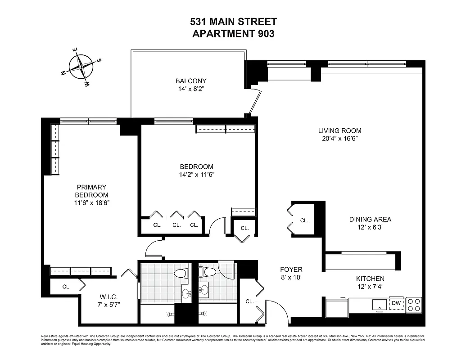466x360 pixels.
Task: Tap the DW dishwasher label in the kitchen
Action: (396, 303)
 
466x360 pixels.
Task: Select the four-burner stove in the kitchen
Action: (414, 305)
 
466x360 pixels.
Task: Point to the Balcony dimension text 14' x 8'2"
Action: (191, 90)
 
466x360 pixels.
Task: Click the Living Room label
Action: (339, 131)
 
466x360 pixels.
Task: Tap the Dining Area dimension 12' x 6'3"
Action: (370, 228)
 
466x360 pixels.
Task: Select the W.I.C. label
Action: (109, 297)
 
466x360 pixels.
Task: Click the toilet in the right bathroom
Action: (208, 272)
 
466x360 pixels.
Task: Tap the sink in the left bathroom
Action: (186, 294)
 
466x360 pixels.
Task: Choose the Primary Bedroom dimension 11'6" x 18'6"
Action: (91, 203)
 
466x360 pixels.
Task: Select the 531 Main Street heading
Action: (233, 22)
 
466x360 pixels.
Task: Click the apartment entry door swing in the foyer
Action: (277, 310)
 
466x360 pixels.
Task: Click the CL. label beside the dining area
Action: (304, 220)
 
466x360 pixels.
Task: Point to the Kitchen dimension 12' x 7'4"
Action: (370, 287)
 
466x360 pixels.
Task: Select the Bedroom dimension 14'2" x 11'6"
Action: (196, 175)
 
